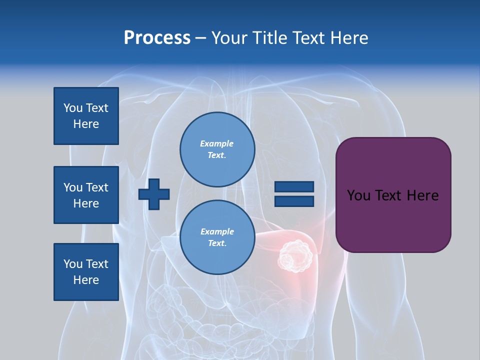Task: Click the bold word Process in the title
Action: [x=157, y=38]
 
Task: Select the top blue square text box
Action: [x=86, y=116]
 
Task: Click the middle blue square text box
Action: [x=86, y=195]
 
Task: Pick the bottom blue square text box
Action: [x=86, y=271]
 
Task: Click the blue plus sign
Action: [x=154, y=194]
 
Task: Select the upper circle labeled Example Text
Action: [x=217, y=149]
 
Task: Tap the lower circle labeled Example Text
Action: [x=217, y=237]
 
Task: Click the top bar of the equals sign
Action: [x=294, y=187]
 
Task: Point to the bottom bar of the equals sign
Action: [x=294, y=201]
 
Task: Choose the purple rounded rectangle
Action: [x=393, y=195]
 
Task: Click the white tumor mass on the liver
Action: [x=295, y=255]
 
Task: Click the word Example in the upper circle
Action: [x=217, y=143]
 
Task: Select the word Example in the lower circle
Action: [x=217, y=231]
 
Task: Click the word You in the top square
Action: [x=73, y=108]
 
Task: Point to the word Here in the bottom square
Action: [x=86, y=280]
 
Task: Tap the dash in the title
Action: [x=200, y=38]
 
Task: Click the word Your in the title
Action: [x=228, y=38]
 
